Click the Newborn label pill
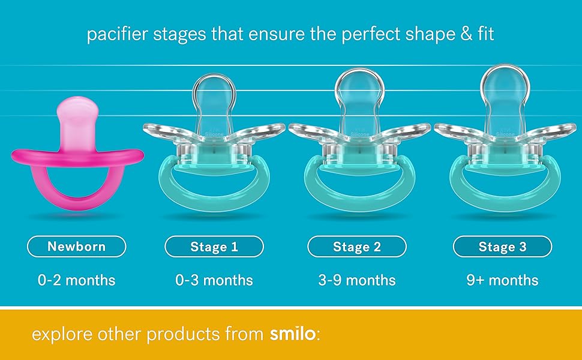tap(76, 246)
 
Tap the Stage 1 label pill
tap(214, 246)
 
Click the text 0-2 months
tap(76, 280)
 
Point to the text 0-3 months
tap(214, 280)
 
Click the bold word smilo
tap(292, 334)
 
